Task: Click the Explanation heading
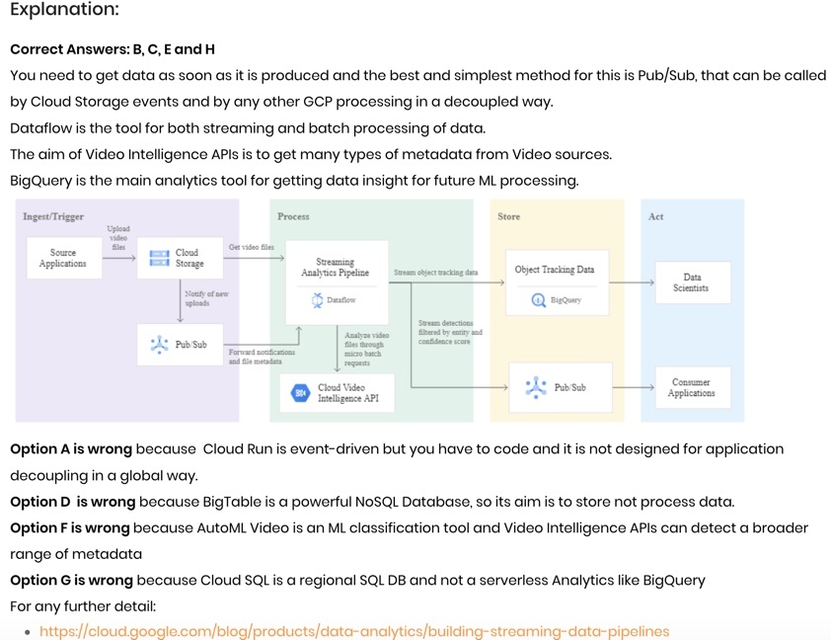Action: click(64, 11)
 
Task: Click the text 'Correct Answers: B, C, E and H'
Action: click(113, 49)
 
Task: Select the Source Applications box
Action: click(63, 259)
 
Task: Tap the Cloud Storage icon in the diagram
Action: click(159, 258)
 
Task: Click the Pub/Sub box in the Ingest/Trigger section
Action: click(181, 345)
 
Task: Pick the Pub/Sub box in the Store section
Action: click(560, 387)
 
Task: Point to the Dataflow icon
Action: click(318, 299)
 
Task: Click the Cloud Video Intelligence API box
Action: click(337, 393)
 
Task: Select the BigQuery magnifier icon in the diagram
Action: click(538, 300)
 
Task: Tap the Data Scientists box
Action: click(692, 282)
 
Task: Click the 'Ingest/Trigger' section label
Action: click(53, 216)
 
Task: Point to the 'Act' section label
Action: click(655, 216)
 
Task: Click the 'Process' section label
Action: click(293, 216)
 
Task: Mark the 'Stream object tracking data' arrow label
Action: click(435, 273)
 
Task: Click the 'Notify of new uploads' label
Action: click(206, 299)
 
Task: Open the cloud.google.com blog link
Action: click(354, 630)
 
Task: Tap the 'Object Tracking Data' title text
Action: click(555, 270)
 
